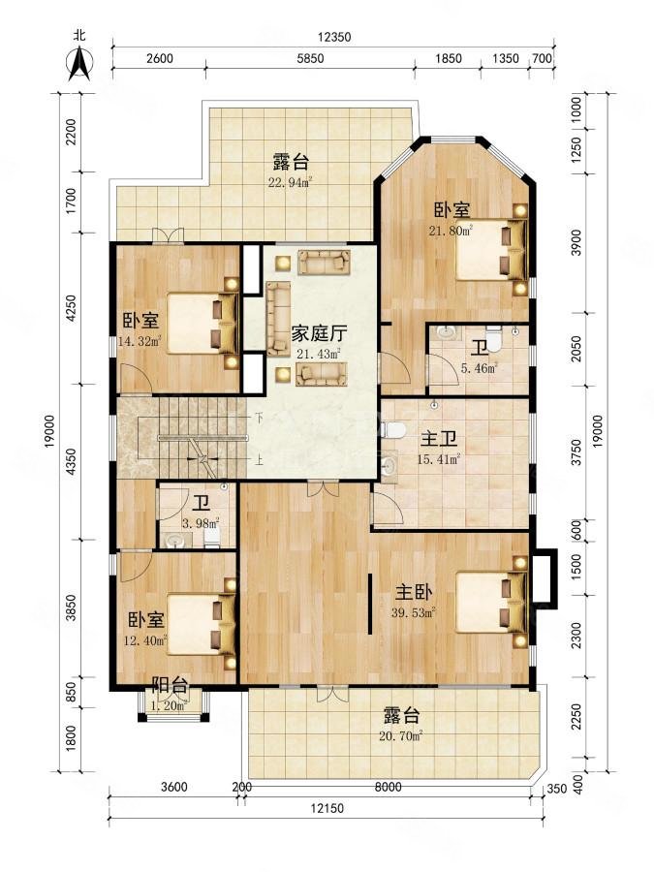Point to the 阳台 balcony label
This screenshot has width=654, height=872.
171,686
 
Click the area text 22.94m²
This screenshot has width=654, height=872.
291,181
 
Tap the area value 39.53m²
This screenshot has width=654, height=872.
415,611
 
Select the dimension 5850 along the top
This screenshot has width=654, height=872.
310,59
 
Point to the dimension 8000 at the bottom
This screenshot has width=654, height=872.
388,787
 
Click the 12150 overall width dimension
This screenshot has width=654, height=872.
329,807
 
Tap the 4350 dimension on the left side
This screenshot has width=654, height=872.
69,456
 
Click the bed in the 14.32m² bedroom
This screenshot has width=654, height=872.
202,323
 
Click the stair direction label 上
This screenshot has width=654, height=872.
259,461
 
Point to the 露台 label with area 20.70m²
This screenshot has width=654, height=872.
401,716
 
